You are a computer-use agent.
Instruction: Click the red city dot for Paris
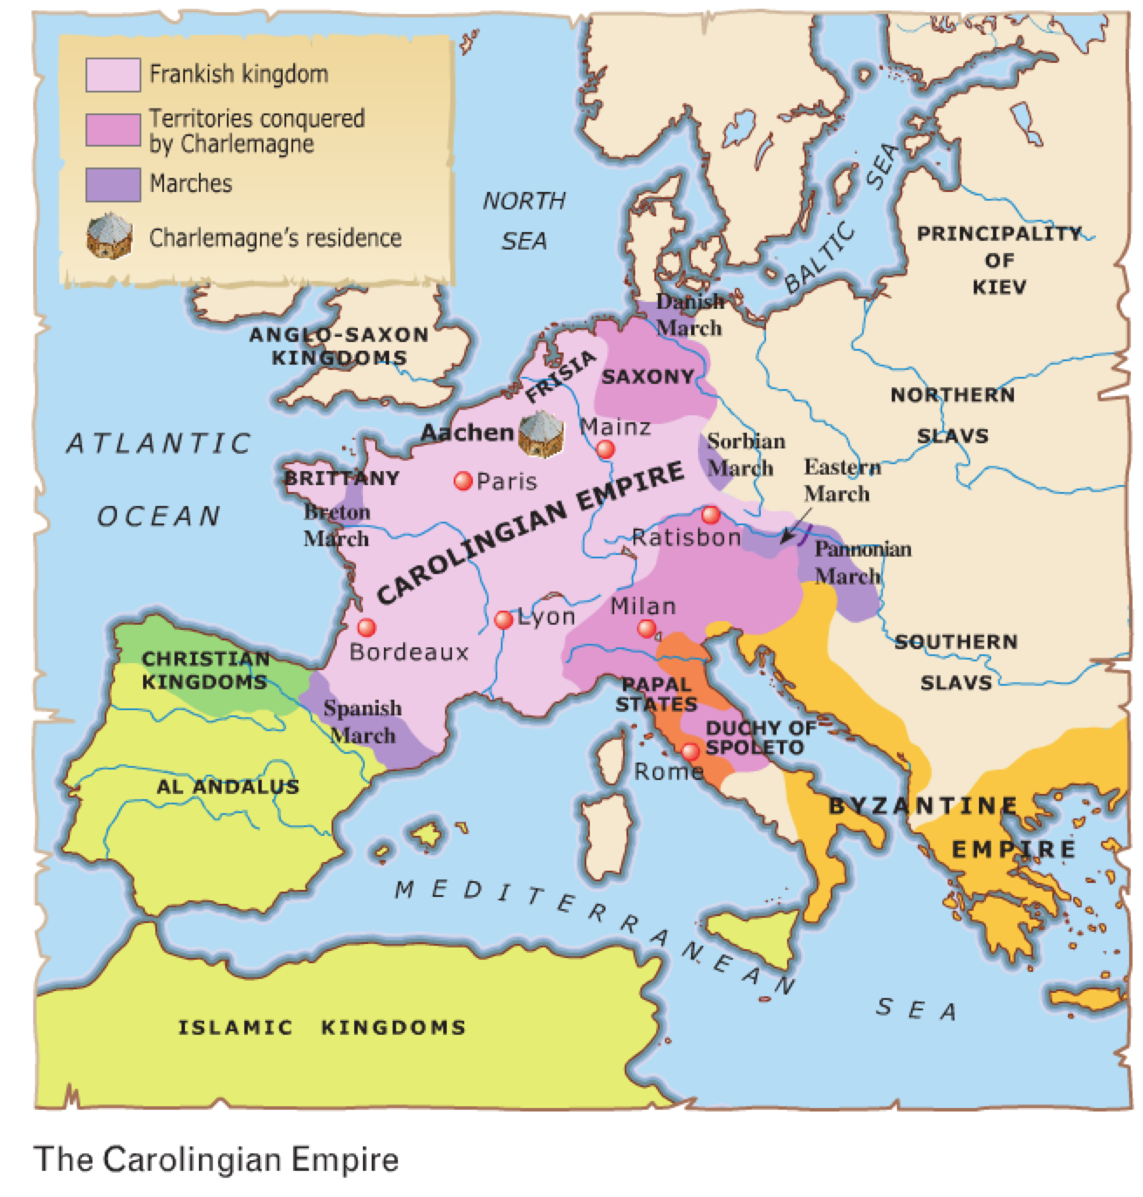[x=463, y=481]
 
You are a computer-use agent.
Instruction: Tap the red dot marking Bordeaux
[x=366, y=627]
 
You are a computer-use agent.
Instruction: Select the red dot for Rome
[x=690, y=751]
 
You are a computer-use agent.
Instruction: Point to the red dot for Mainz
[x=605, y=449]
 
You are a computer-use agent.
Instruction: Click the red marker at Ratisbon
[x=710, y=514]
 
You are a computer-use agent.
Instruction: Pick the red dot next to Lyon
[x=503, y=619]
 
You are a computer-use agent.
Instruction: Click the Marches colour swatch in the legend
[x=113, y=184]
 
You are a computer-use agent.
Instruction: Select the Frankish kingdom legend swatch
[x=113, y=74]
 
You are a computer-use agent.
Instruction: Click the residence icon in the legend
[x=110, y=237]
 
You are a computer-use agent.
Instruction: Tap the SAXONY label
[x=647, y=377]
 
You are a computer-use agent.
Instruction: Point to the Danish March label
[x=689, y=315]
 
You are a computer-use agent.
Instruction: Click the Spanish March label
[x=362, y=722]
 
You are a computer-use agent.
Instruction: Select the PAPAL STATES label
[x=656, y=694]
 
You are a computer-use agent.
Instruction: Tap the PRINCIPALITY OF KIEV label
[x=999, y=260]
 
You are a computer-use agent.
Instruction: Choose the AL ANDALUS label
[x=228, y=786]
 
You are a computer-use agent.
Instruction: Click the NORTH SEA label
[x=524, y=221]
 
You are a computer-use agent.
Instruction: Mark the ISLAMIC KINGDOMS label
[x=321, y=1027]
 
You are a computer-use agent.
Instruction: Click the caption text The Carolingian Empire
[x=216, y=1159]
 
